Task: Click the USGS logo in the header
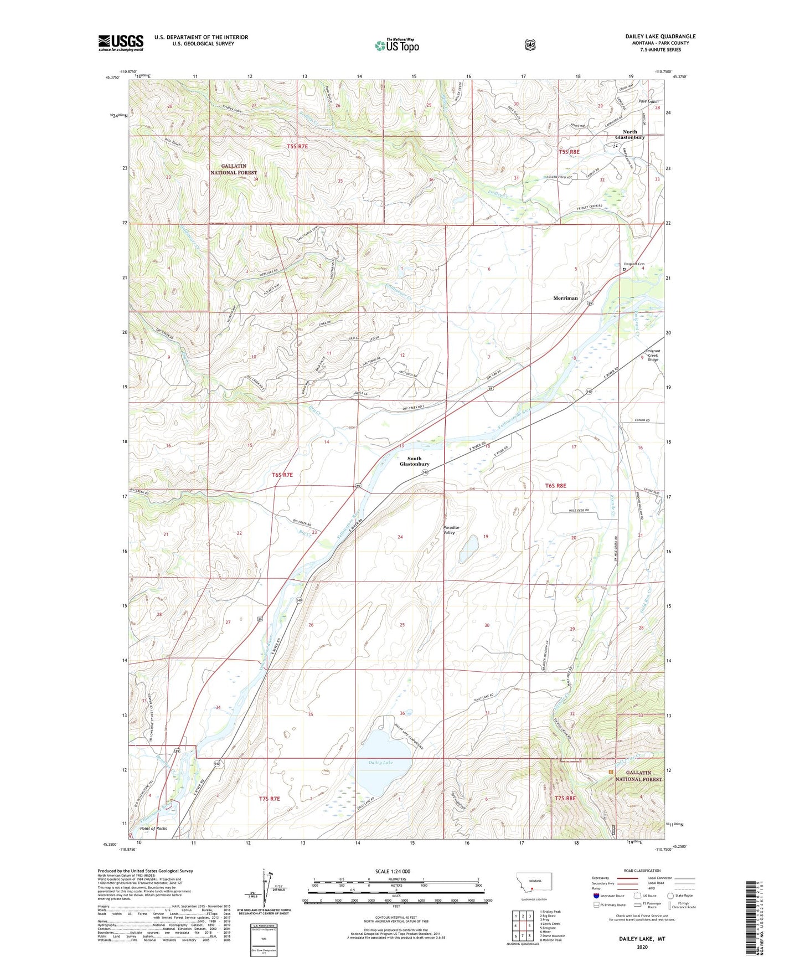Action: [x=121, y=43]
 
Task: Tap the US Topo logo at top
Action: [x=396, y=45]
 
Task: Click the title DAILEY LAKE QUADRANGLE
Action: [x=660, y=37]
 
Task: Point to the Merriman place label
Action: [x=565, y=298]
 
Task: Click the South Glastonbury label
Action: [x=414, y=461]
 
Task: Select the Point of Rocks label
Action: [x=153, y=829]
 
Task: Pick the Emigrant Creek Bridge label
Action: [x=653, y=355]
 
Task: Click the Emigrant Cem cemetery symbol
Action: [x=624, y=269]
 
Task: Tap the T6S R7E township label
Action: [x=282, y=475]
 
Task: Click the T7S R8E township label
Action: [x=565, y=798]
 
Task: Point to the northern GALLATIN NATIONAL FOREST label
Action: [x=233, y=169]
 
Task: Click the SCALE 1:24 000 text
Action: [x=393, y=871]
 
